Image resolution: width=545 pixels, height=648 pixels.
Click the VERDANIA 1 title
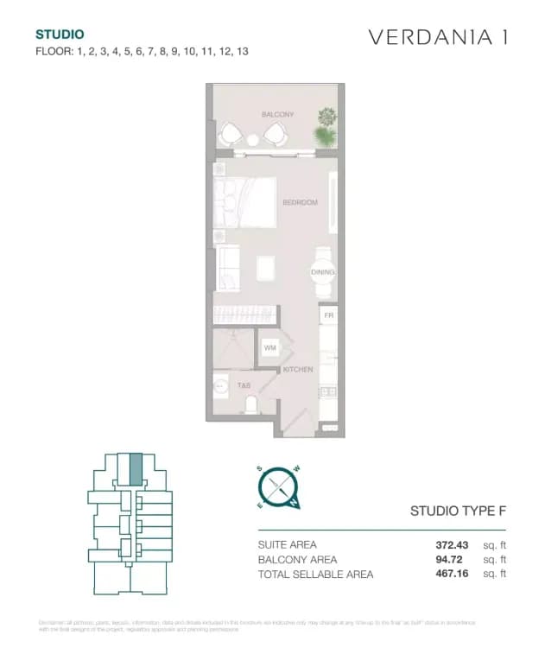tap(438, 37)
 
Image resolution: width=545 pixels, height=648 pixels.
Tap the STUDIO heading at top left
tap(60, 35)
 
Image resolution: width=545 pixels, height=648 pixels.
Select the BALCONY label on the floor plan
tap(277, 114)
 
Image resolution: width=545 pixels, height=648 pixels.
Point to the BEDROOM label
tap(300, 202)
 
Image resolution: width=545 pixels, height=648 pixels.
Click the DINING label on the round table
tap(322, 272)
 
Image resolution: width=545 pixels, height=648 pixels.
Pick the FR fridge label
tap(328, 316)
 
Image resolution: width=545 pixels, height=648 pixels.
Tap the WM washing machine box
tap(269, 347)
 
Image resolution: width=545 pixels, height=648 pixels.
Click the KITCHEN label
tap(297, 370)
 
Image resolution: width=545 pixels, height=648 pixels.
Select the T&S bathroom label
tap(244, 386)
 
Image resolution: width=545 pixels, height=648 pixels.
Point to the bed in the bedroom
tap(245, 200)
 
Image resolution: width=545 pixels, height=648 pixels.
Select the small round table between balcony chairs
tap(253, 140)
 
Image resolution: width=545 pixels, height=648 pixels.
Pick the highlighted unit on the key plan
tap(135, 471)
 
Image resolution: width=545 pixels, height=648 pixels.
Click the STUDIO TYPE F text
tap(457, 511)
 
